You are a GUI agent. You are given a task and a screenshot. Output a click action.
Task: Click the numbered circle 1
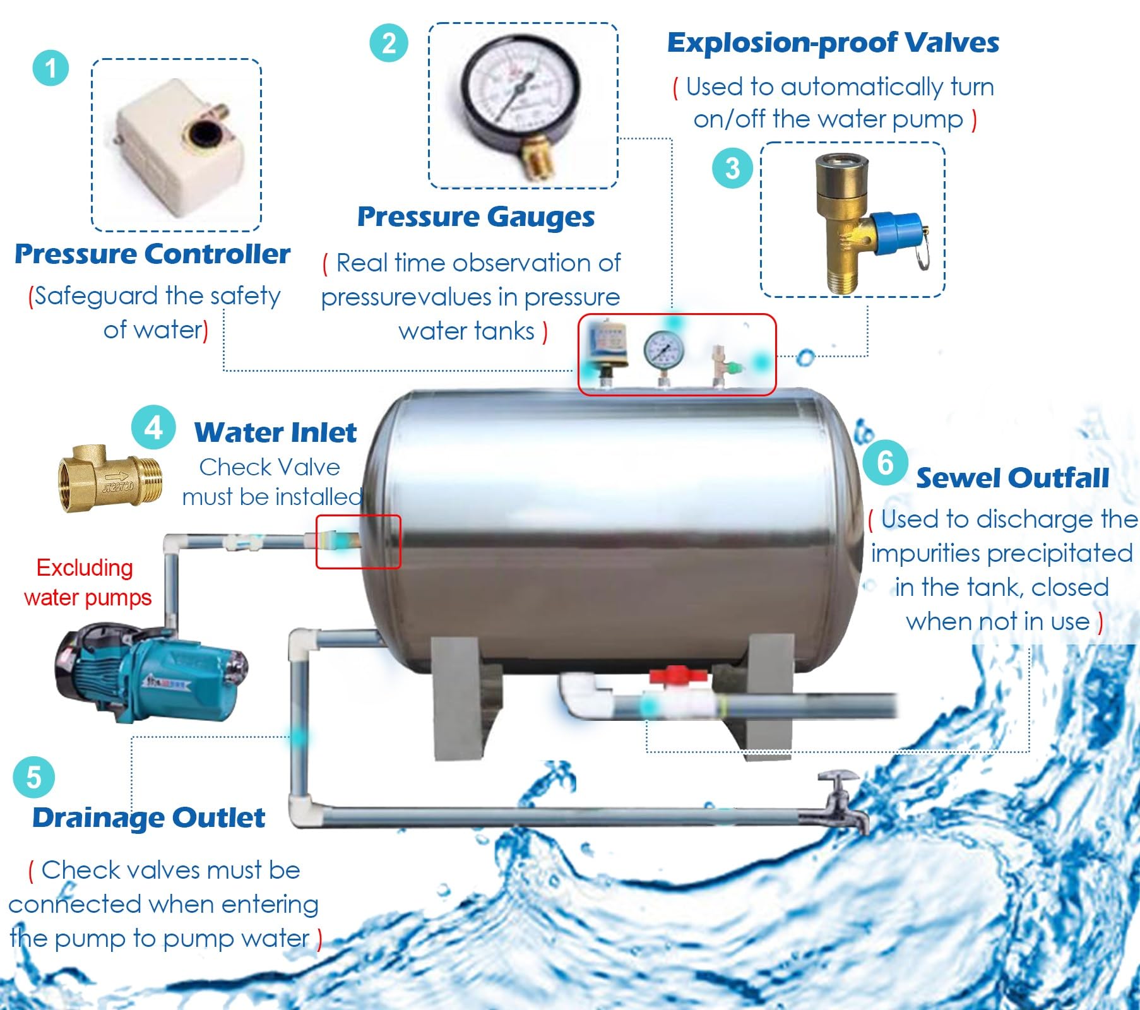point(50,68)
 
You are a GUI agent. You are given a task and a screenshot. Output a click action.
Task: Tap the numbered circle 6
point(885,463)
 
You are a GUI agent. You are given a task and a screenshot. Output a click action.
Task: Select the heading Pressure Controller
point(152,254)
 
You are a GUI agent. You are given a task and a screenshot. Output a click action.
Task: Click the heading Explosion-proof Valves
point(833,43)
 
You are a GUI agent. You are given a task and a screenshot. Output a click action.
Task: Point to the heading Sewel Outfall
point(1012,478)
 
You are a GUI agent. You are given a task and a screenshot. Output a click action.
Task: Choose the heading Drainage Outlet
point(148,817)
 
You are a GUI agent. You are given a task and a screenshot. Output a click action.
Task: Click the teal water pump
point(151,672)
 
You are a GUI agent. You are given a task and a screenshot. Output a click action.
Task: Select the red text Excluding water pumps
point(86,583)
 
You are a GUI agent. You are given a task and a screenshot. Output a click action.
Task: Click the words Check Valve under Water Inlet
point(270,467)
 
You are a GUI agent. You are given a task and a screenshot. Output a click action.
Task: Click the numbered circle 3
point(732,169)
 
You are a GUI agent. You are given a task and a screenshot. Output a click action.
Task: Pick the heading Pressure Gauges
point(476,217)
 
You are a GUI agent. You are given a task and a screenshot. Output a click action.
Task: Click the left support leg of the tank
point(456,694)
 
